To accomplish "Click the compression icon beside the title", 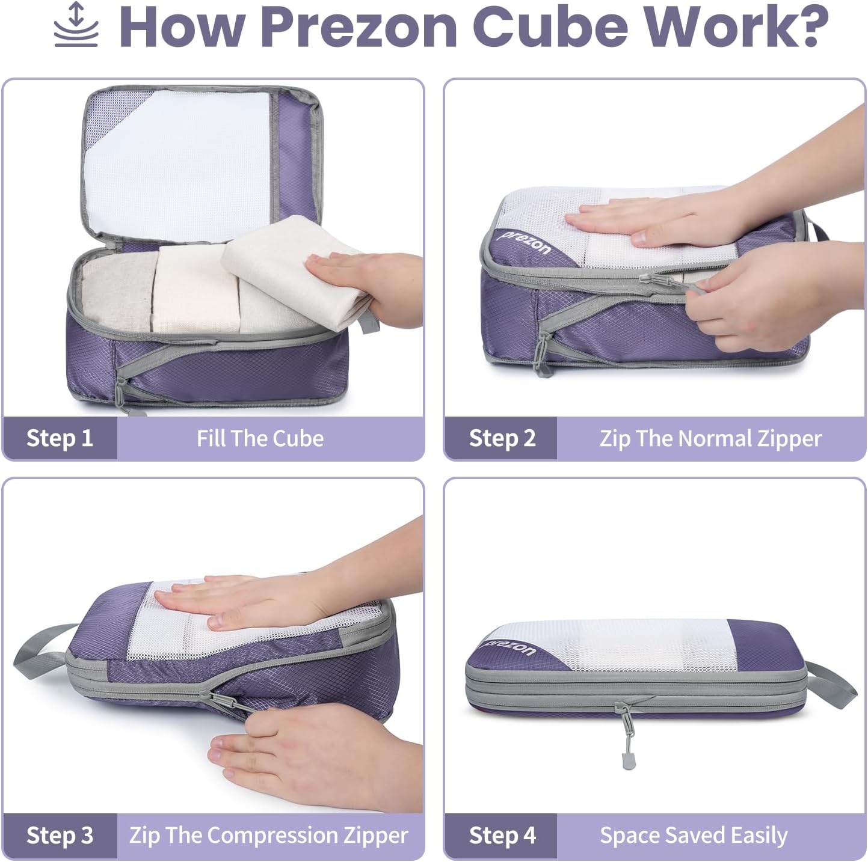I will [76, 25].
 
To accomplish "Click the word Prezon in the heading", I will [359, 27].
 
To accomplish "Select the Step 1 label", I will [60, 438].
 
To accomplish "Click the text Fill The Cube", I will [260, 438].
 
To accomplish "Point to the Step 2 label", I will [502, 438].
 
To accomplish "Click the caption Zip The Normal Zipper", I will [710, 438].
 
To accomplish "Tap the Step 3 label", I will [60, 836].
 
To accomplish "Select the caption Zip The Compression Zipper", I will [268, 836].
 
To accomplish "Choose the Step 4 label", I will [502, 836].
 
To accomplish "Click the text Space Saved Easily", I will [694, 836].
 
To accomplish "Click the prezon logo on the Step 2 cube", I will [525, 242].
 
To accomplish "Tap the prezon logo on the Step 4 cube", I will [510, 648].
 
